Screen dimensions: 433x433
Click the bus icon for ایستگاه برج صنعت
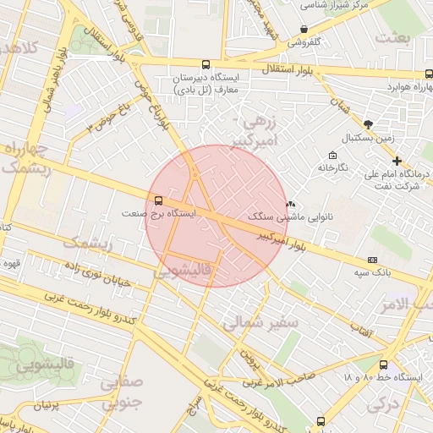(158, 200)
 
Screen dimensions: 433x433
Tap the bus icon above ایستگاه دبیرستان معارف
(206, 64)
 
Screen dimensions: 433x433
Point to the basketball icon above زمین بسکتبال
(368, 123)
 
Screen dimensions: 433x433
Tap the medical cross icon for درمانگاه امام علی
(397, 161)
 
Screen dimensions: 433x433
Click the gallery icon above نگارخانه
(332, 155)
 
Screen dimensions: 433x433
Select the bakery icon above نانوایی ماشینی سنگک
(292, 204)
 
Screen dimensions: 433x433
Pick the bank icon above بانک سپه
(372, 259)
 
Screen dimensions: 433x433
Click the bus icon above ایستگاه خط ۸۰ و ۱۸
(383, 364)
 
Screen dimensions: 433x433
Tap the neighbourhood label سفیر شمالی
(260, 321)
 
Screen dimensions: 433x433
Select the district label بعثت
(392, 37)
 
